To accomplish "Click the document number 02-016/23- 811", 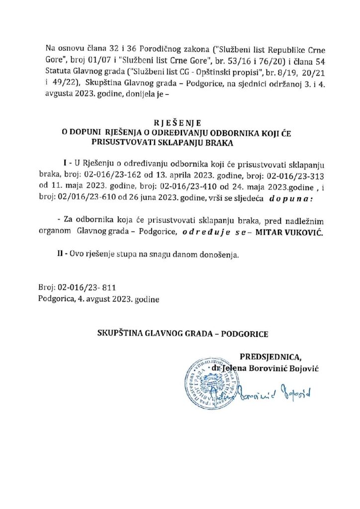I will tap(87, 287).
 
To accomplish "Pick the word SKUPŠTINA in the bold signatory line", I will tap(120, 333).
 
